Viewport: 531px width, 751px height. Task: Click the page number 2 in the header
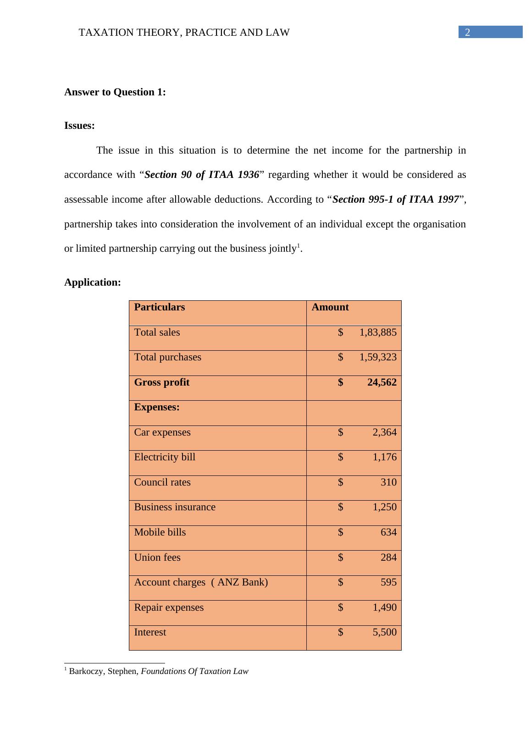point(467,32)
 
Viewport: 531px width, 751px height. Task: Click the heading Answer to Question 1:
point(115,92)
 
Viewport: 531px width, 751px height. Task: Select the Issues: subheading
point(79,126)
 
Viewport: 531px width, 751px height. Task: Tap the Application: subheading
point(93,282)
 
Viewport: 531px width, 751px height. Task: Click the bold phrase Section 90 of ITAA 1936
point(202,175)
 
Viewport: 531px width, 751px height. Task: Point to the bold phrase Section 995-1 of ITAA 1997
point(396,199)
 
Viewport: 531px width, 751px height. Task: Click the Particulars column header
point(160,307)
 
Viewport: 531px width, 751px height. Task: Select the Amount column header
point(330,307)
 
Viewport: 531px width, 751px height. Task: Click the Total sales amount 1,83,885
point(378,332)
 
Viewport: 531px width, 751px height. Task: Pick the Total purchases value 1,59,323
point(378,357)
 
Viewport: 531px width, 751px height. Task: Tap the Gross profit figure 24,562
point(382,382)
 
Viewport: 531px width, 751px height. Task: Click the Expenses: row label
point(157,407)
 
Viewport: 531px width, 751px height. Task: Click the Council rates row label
point(162,482)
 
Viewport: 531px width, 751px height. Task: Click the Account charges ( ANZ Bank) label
point(201,582)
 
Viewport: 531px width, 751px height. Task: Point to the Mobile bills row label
point(160,532)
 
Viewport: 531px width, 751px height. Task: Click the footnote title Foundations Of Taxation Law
point(194,671)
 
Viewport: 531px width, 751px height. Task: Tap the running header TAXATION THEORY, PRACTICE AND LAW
point(184,33)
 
